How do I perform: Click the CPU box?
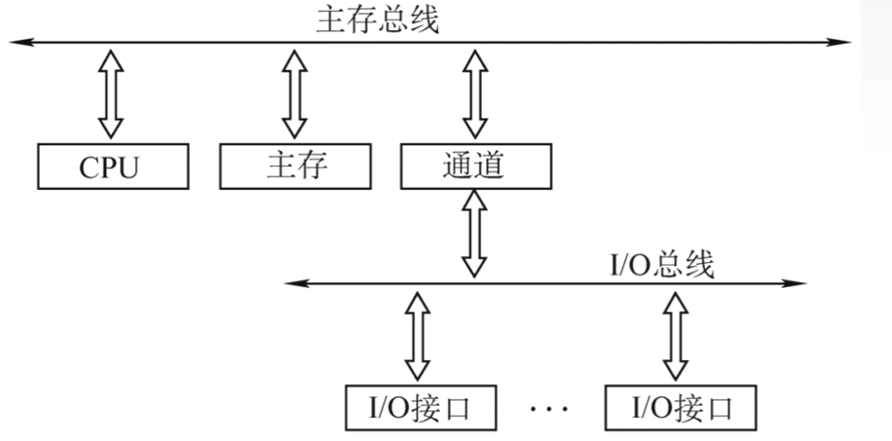coord(111,166)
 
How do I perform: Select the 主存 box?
coord(295,166)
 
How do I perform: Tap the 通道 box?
coord(475,166)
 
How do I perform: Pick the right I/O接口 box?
coord(679,408)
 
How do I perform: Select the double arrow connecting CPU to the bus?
coord(111,93)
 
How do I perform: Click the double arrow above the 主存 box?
coord(295,93)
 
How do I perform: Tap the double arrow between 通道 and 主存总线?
coord(475,93)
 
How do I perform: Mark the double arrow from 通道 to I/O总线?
coord(475,235)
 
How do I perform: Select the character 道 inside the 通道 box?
coord(491,166)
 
